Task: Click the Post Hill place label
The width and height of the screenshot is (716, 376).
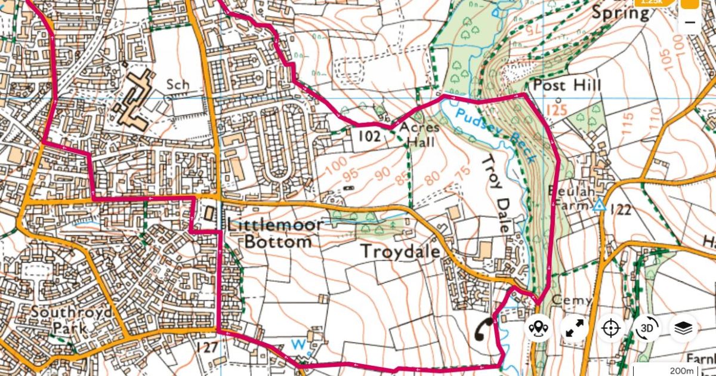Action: pos(567,85)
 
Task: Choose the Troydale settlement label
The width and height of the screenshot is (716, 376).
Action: pos(400,252)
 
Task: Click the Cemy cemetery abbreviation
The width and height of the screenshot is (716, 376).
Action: pos(572,300)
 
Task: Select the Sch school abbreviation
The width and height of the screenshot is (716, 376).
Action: pos(178,85)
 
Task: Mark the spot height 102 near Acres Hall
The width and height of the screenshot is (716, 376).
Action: pos(369,136)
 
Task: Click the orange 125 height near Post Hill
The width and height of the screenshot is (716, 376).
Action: pos(556,110)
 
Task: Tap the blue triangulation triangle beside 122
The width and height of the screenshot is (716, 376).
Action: pos(600,207)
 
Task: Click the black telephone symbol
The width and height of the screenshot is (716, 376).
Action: pos(483,329)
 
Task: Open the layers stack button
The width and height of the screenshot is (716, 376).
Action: pos(684,328)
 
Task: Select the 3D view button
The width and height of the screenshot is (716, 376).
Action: pos(647,328)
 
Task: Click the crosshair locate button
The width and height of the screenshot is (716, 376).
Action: pos(611,328)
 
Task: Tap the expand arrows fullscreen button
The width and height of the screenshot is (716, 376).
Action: pos(575,328)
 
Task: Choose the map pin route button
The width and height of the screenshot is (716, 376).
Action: pos(539,328)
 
